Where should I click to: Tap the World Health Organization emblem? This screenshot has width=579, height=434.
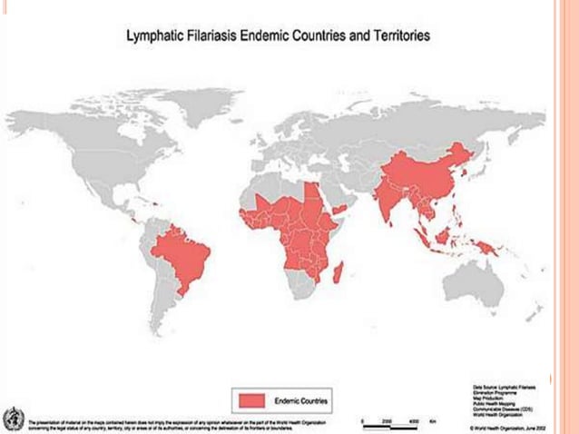(x=12, y=419)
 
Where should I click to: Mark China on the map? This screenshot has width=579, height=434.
(x=427, y=168)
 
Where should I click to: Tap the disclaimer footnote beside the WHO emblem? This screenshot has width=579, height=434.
(x=172, y=424)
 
